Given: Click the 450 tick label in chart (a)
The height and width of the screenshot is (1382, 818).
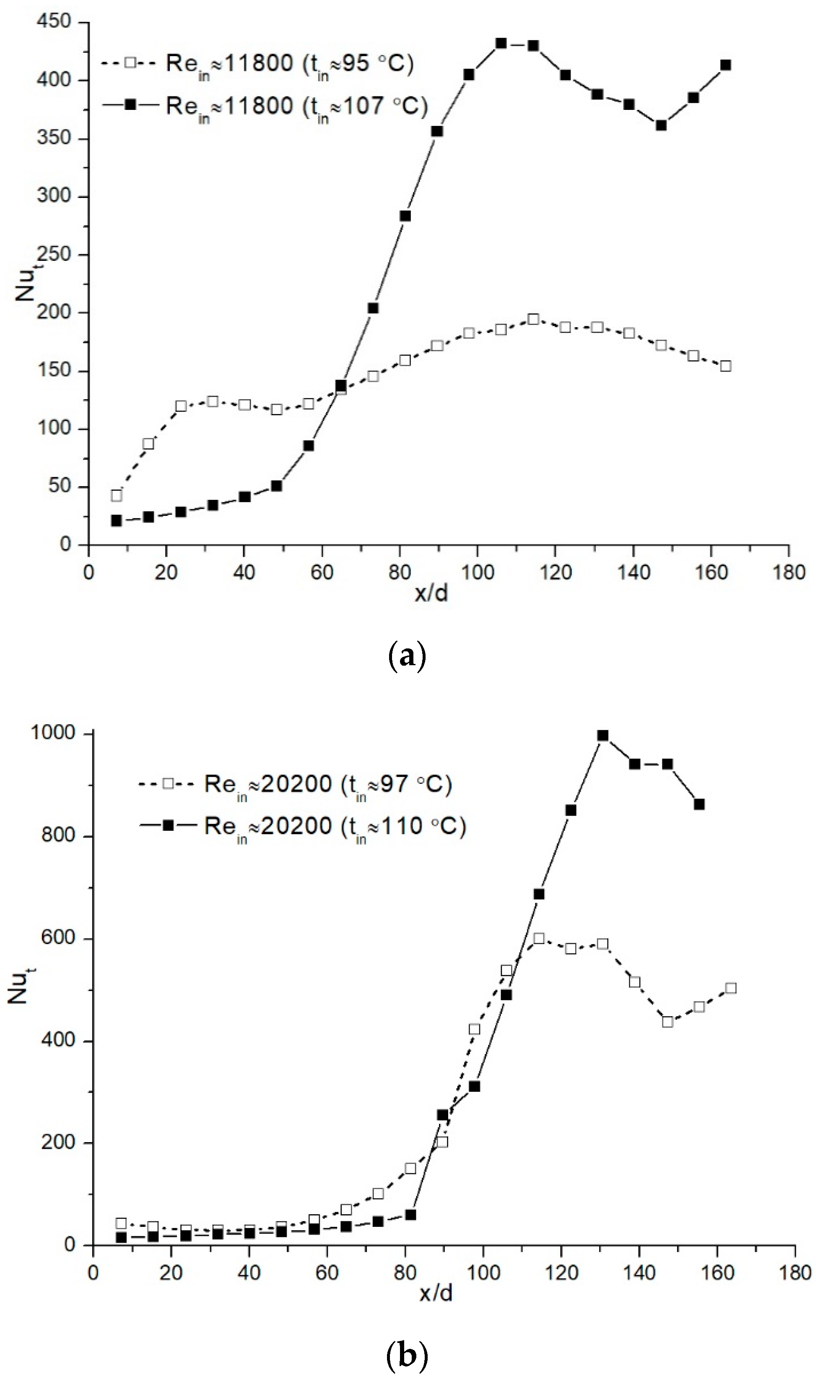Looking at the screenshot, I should tap(54, 22).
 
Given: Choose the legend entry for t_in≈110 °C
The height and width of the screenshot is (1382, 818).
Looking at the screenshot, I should tap(335, 826).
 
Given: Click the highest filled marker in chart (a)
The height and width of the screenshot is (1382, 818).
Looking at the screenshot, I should tap(501, 44).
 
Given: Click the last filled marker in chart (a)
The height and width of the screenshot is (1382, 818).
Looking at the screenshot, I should tap(726, 65).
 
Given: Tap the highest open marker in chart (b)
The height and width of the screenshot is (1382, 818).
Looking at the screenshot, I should tap(538, 939).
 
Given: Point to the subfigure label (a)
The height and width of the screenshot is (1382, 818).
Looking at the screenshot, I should tap(408, 655).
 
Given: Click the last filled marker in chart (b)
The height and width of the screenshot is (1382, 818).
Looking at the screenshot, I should tap(699, 804).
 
